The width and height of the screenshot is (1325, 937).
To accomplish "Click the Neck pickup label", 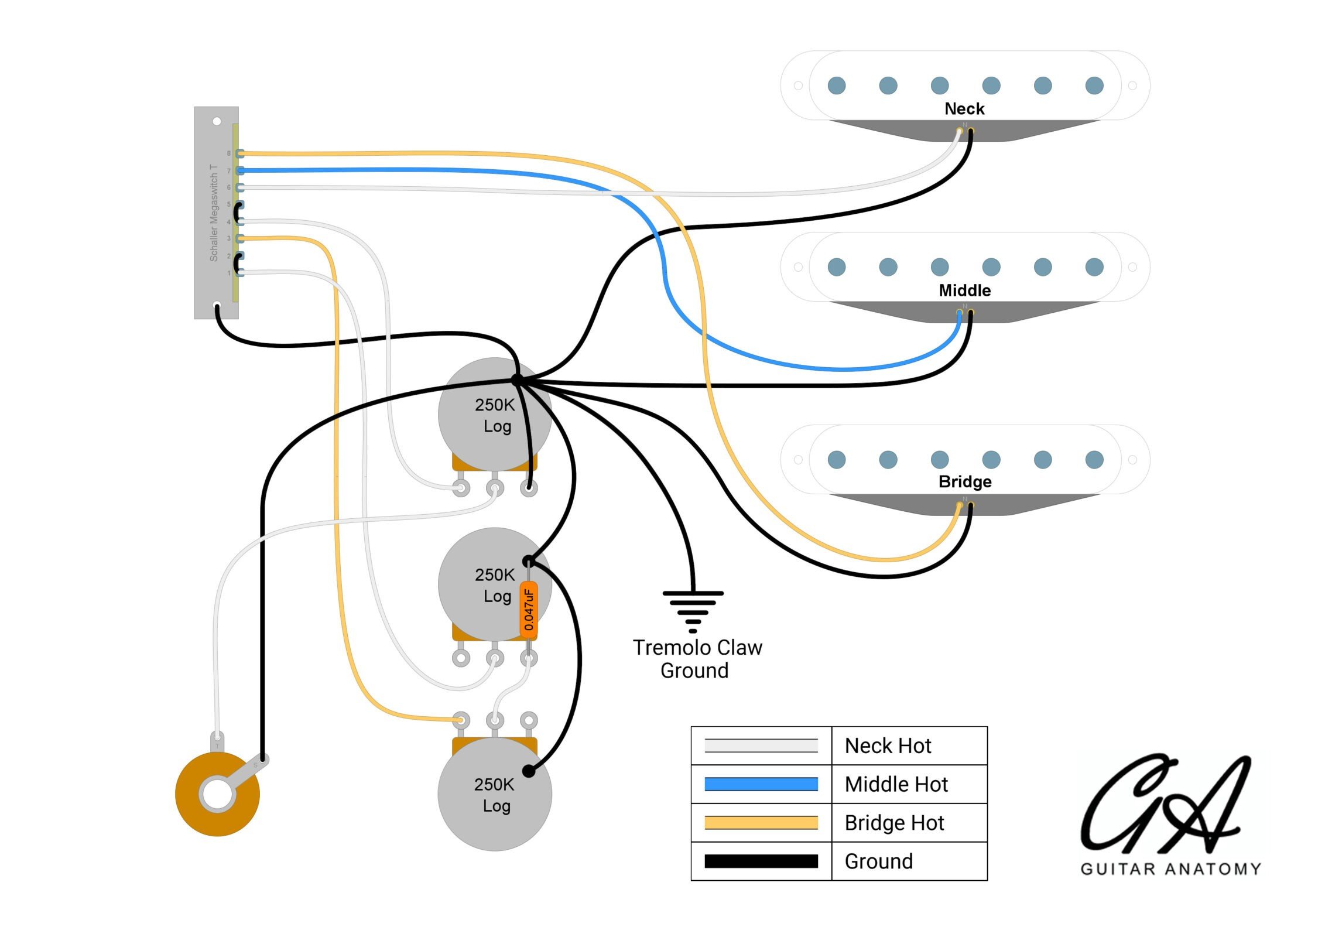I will tap(964, 108).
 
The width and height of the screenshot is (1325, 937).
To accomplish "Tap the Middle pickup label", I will tap(964, 290).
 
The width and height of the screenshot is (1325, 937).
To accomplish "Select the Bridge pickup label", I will tap(964, 481).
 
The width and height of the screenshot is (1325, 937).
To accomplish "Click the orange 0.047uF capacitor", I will tap(528, 610).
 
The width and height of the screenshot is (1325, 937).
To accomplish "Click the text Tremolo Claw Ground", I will tap(697, 658).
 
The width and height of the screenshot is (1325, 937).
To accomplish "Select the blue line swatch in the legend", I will tap(761, 784).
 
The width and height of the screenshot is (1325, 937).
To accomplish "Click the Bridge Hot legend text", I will tap(893, 822).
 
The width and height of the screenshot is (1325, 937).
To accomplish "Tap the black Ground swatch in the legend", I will tap(761, 861).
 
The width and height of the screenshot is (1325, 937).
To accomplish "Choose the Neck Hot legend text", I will tap(887, 746).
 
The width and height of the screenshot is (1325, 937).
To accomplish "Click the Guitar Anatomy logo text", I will tap(1170, 868).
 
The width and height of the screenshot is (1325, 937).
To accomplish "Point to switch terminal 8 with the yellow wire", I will tap(240, 153).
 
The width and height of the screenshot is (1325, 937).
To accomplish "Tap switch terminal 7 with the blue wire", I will tap(240, 170).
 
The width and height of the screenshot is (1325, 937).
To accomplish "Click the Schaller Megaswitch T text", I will tap(214, 213).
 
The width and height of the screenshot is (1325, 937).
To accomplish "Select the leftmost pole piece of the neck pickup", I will tap(836, 86).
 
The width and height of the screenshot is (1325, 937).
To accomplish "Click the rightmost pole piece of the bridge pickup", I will tap(1094, 460).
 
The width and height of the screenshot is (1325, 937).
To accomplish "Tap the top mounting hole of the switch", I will tap(217, 121).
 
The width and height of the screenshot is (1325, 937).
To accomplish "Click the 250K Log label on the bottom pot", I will tap(495, 795).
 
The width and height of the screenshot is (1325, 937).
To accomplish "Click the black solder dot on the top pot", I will tap(517, 380).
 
